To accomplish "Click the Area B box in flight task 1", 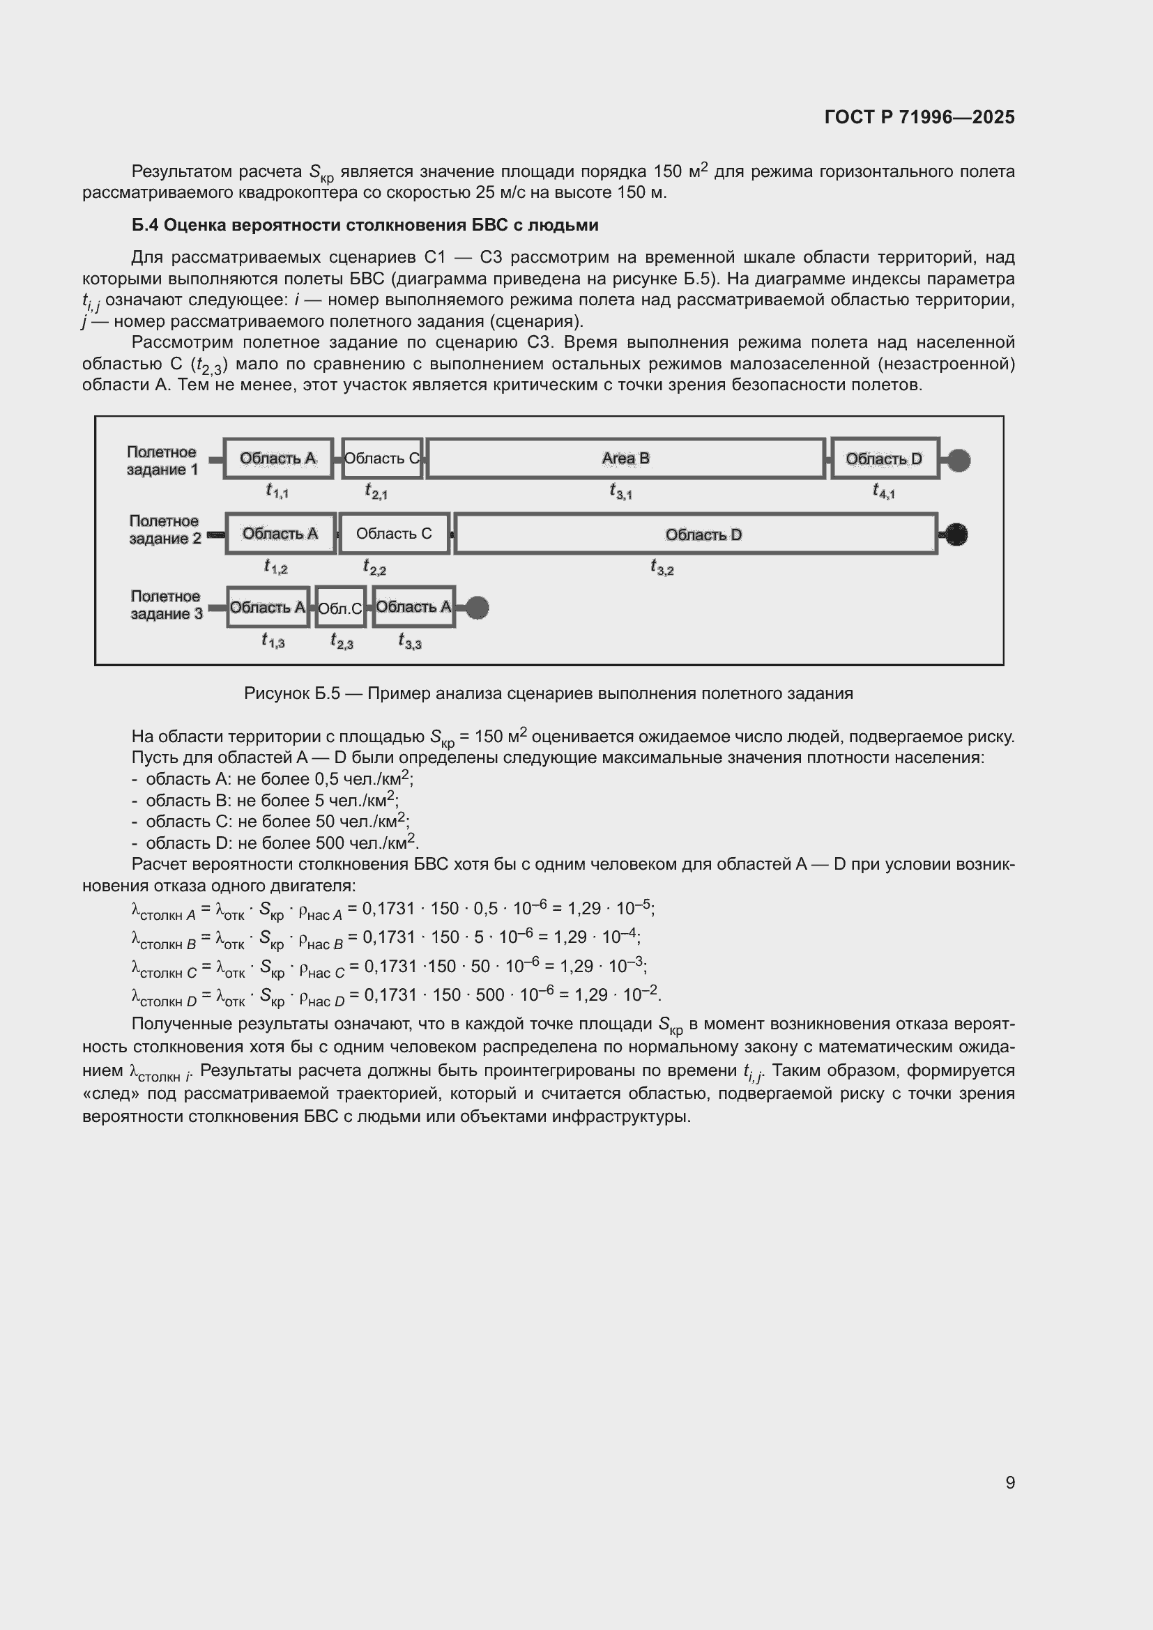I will (x=625, y=459).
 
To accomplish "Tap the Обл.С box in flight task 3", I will (x=340, y=608).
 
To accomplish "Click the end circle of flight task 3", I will (x=477, y=608).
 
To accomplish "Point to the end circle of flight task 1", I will (x=959, y=460).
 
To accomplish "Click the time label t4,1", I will (x=883, y=491).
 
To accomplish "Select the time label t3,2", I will (x=662, y=567).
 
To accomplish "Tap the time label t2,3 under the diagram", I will (x=342, y=642).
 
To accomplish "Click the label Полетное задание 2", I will (x=165, y=530).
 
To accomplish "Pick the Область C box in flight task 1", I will (x=382, y=459).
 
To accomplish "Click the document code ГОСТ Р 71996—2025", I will (x=919, y=117).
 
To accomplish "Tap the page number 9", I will (x=1009, y=1482).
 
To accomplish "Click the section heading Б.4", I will (x=365, y=225).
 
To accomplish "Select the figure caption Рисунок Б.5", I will (x=548, y=693).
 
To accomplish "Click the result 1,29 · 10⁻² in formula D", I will (x=617, y=994).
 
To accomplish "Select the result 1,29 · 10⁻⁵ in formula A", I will (x=610, y=909).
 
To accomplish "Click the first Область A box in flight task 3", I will (x=268, y=608).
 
